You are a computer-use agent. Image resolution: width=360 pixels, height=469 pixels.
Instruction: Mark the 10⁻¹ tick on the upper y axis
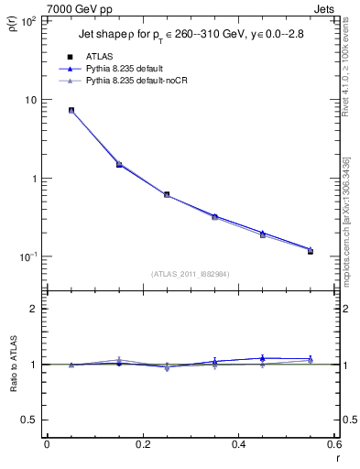[27, 256]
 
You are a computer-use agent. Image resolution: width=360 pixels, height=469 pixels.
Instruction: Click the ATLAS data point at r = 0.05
[71, 111]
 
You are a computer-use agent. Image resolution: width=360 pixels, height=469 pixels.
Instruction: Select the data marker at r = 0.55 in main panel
[311, 250]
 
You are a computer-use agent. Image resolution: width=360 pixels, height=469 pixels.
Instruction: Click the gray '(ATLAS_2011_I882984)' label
[191, 273]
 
